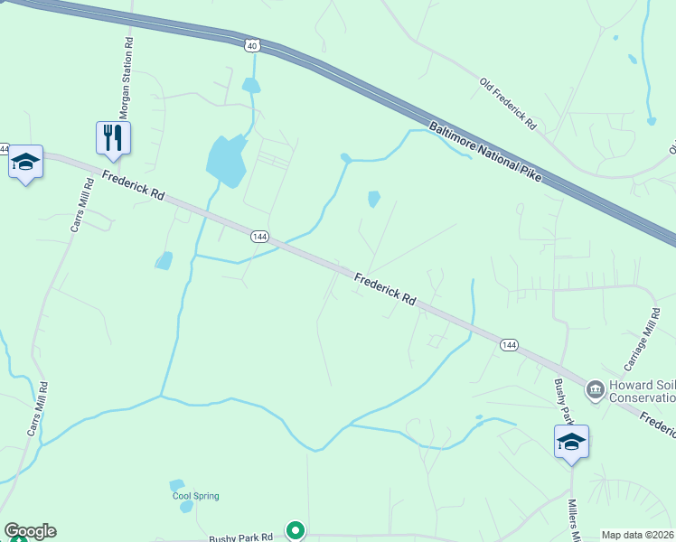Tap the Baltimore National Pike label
coord(485,152)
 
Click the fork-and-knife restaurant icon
coord(114,137)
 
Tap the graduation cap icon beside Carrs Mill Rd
coord(25,163)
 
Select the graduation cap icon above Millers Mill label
coord(571,442)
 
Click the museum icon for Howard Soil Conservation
coord(596,390)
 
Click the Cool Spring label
coord(195,496)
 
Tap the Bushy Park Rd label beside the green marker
coord(241,537)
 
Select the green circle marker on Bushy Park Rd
coord(295,530)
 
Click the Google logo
coord(30,531)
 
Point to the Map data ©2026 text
coord(637,535)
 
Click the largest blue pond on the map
coord(226,161)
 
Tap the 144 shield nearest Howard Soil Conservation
coord(509,345)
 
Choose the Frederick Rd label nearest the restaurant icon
coord(133,185)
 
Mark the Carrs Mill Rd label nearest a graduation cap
coord(81,205)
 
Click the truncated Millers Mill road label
coord(573,520)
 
